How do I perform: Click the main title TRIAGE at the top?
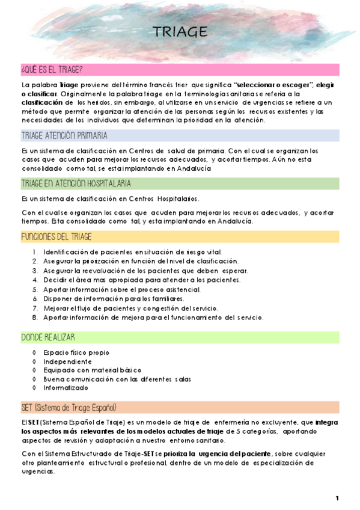180,32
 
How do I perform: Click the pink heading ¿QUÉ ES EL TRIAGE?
52,70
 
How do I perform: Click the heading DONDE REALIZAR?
47,337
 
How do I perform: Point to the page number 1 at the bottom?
337,499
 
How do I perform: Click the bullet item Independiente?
67,361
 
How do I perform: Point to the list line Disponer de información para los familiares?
114,298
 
